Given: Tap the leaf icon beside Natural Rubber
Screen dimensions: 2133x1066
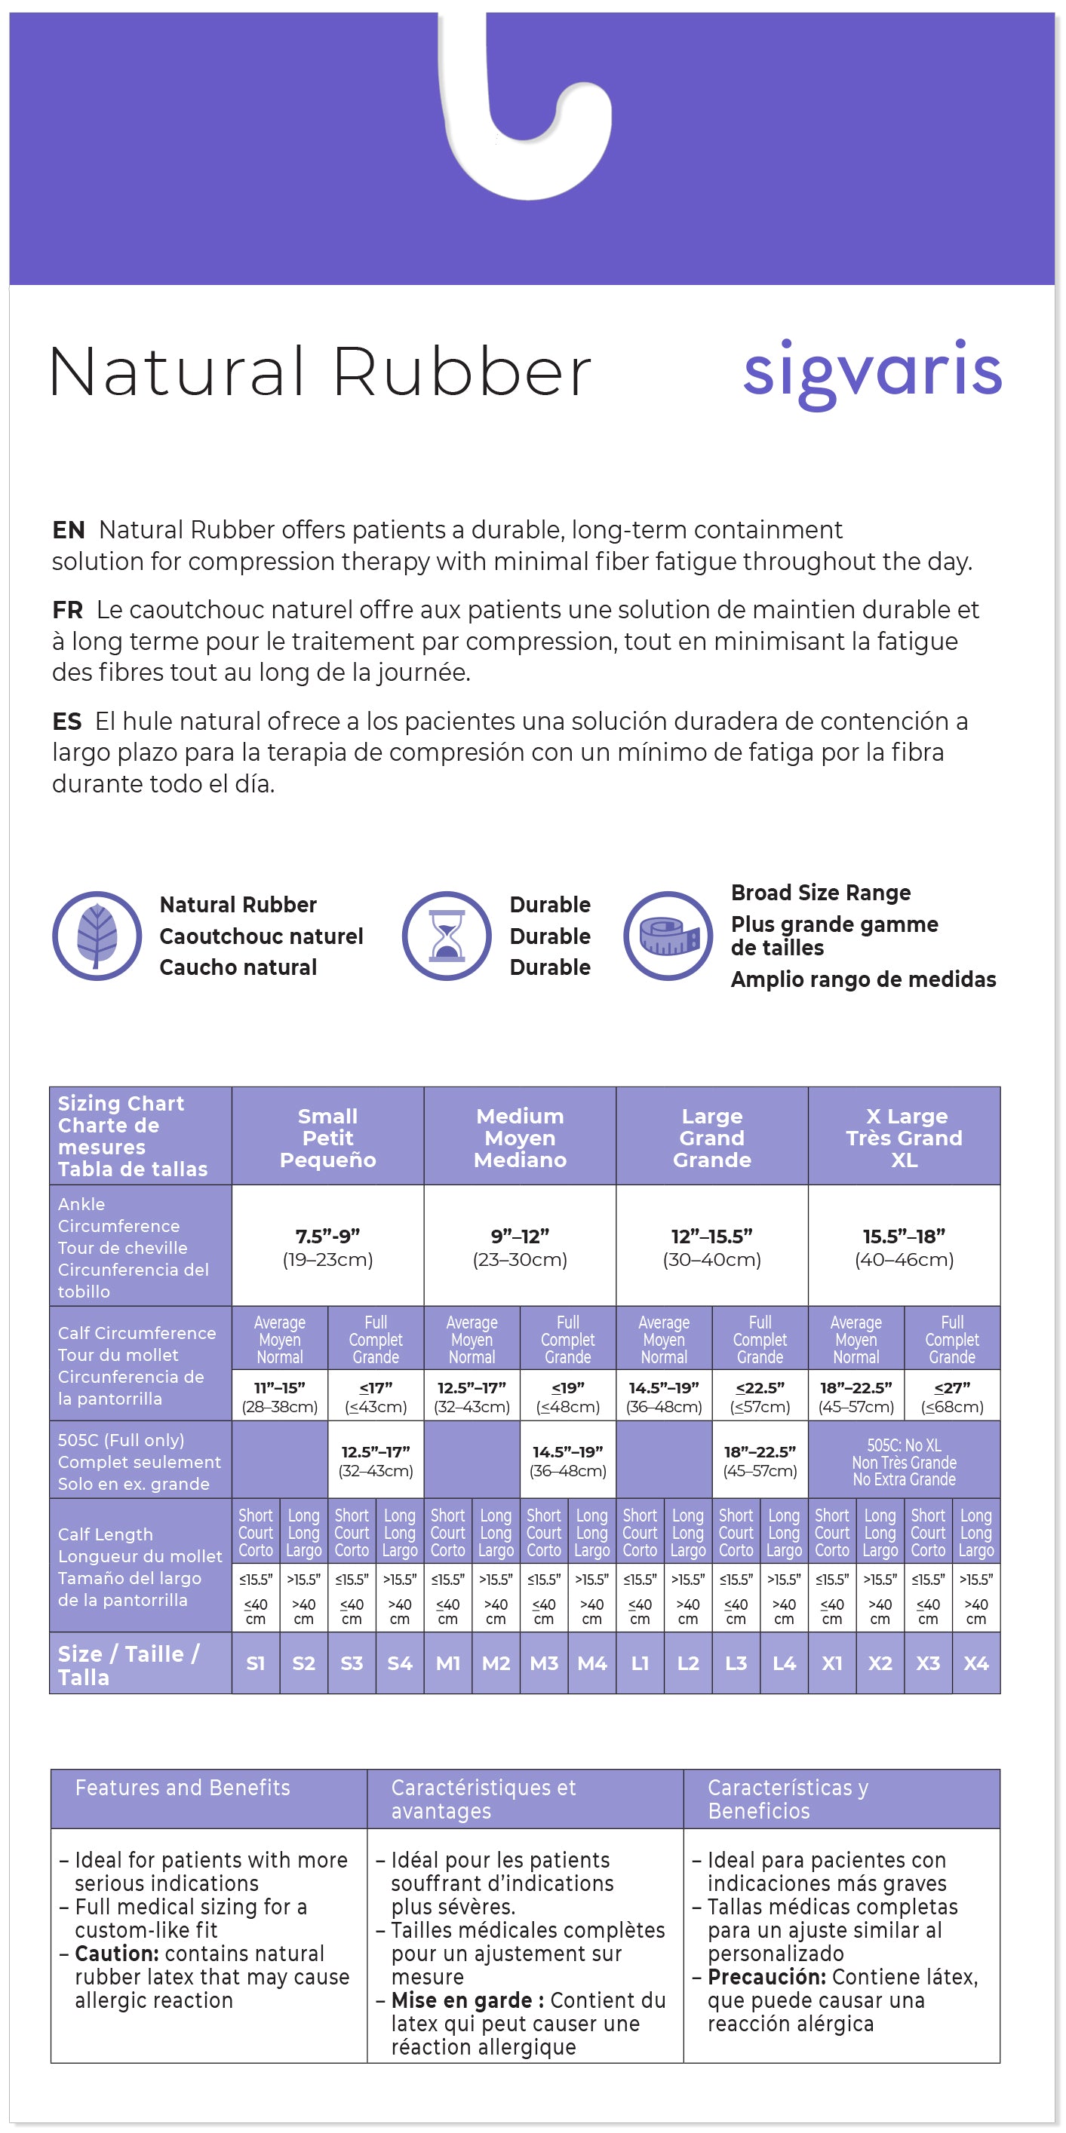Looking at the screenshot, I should (97, 936).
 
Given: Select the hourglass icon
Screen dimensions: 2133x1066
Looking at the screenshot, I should (447, 936).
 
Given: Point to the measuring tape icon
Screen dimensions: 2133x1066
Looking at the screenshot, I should (668, 936).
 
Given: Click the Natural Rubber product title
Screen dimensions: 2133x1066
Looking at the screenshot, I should (321, 372).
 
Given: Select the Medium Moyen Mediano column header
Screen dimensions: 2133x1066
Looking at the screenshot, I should (519, 1137).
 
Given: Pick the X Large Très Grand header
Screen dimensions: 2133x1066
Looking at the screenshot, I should (904, 1137).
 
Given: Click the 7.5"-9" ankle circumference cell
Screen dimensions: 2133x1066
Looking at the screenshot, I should (328, 1246).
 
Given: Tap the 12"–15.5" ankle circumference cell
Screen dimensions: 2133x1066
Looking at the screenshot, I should (711, 1246).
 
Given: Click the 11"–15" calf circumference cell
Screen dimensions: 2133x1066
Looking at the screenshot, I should (280, 1396).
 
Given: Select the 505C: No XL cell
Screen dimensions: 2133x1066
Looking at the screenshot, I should (904, 1461).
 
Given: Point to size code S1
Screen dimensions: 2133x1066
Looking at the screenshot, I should (256, 1663).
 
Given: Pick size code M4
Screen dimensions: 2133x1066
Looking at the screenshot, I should (592, 1663).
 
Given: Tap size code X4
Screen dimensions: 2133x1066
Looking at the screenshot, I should (975, 1663).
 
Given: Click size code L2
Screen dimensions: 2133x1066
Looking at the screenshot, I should (687, 1663).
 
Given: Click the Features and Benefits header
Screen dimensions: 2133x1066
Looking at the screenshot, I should (183, 1787).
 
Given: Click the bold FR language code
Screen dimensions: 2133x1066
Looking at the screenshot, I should (67, 610).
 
